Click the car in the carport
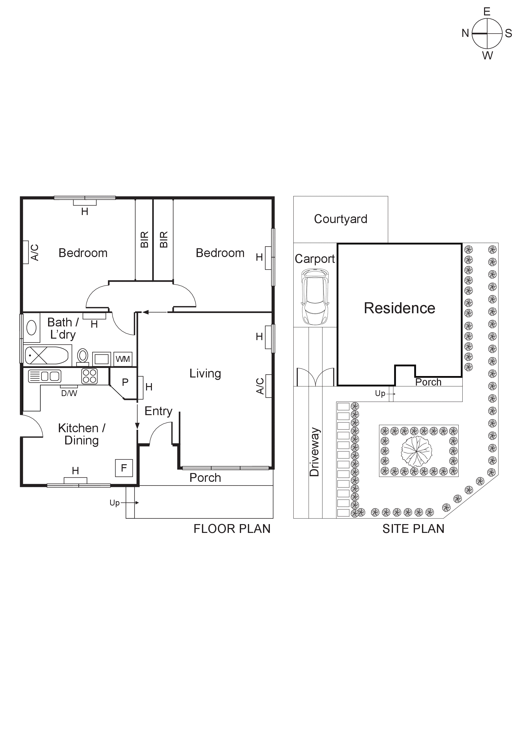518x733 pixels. [x=315, y=297]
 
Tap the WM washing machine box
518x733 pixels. [x=123, y=359]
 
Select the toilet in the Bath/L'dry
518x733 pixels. [x=83, y=356]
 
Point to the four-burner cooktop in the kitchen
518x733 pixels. [x=89, y=376]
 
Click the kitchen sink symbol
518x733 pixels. [x=45, y=376]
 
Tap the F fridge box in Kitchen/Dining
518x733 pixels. [x=124, y=468]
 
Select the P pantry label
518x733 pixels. [x=125, y=382]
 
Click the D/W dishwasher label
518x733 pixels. [x=69, y=393]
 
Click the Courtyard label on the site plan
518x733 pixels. [x=340, y=219]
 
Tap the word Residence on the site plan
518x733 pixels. [x=399, y=308]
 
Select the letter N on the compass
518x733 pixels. [x=465, y=33]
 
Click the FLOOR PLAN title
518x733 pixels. [x=232, y=529]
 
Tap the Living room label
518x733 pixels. [x=205, y=373]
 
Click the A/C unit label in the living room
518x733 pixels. [x=260, y=386]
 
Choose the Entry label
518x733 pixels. [x=158, y=411]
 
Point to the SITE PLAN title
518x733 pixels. [x=413, y=529]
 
